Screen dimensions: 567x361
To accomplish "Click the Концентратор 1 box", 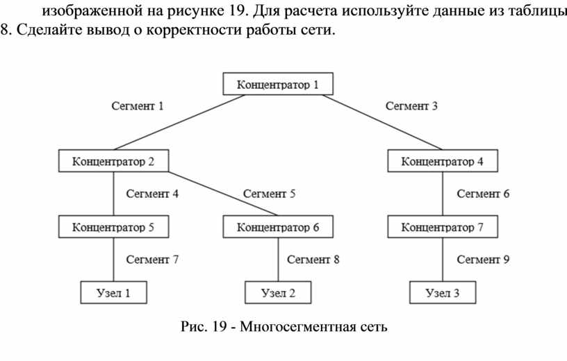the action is [x=278, y=84].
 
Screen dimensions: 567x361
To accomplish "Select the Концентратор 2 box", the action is [x=113, y=161].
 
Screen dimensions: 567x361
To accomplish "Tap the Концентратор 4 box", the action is [x=443, y=161].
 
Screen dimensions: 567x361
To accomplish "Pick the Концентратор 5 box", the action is [x=113, y=226].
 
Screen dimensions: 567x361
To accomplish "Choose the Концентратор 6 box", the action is [x=278, y=226].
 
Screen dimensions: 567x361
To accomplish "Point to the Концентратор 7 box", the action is [x=443, y=226].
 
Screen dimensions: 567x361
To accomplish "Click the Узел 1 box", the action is [x=113, y=292].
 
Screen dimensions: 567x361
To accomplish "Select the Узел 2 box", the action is [x=278, y=292].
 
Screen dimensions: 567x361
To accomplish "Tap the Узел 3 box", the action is [x=443, y=292].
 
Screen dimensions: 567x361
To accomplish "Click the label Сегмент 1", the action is [x=138, y=106].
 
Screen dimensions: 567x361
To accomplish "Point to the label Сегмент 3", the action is [x=411, y=106].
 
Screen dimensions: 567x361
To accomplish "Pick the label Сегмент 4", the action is [x=152, y=194].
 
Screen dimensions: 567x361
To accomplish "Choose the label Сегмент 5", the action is [x=269, y=194].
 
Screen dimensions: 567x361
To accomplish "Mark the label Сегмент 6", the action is [x=483, y=194].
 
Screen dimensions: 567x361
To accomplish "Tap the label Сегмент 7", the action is [x=152, y=260].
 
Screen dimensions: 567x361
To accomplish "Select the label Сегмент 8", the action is [x=313, y=260].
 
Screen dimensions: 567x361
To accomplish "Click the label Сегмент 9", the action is [x=483, y=260].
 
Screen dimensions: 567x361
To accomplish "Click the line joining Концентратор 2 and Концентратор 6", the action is [x=223, y=194].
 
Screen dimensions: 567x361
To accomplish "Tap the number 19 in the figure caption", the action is [x=220, y=327].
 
